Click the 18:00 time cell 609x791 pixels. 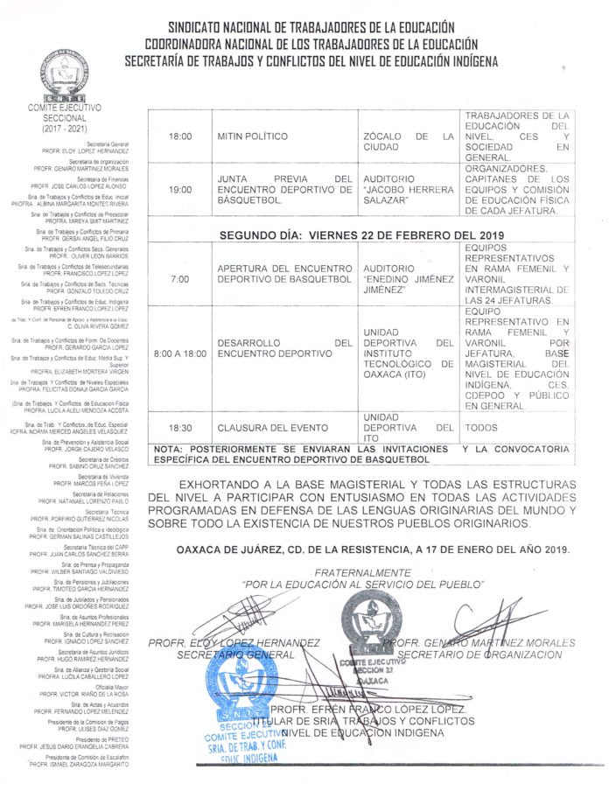pyautogui.click(x=179, y=137)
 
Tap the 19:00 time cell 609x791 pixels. pyautogui.click(x=179, y=189)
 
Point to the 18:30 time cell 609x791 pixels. pyautogui.click(x=179, y=428)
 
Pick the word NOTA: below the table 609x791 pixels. pyautogui.click(x=167, y=448)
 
